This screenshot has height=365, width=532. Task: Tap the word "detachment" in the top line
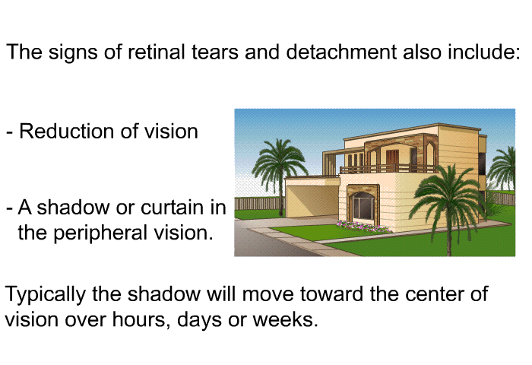341,52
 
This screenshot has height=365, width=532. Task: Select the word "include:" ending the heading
484,52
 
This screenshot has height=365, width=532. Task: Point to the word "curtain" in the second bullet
173,207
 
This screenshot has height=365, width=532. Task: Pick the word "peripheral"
100,233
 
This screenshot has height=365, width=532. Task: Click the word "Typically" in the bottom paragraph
45,294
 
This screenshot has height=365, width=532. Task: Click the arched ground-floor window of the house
363,207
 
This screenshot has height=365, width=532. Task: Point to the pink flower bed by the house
364,226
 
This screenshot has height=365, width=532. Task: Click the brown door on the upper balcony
392,160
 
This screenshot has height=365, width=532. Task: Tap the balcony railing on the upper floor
389,169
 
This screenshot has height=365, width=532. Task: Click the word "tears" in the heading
215,52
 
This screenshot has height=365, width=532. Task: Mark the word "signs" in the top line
73,52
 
